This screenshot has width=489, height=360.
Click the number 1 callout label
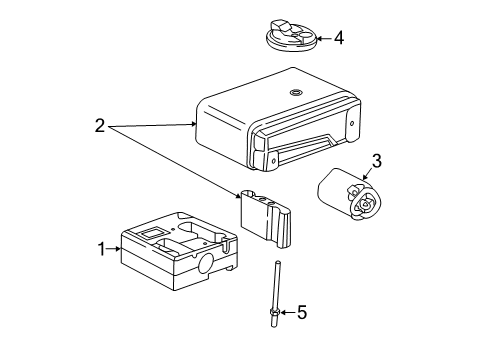click(100, 248)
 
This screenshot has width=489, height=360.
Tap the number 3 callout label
click(376, 160)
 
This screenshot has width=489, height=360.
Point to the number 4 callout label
click(339, 39)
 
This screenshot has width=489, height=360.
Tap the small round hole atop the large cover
click(294, 93)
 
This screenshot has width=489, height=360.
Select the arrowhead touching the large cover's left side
click(195, 125)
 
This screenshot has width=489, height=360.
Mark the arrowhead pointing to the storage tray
click(119, 248)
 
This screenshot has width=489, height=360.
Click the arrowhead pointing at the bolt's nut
click(283, 313)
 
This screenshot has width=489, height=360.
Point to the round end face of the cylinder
click(365, 204)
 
